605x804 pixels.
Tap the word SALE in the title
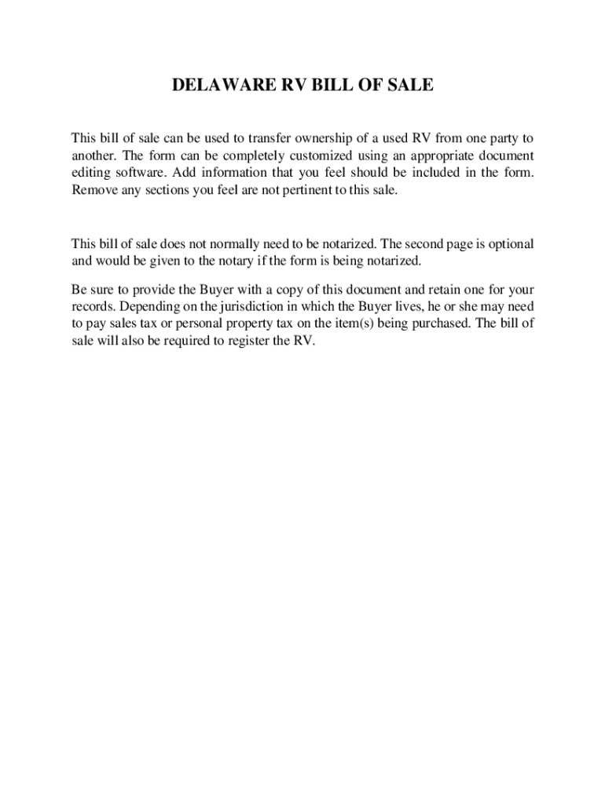point(408,85)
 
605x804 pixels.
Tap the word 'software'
point(137,172)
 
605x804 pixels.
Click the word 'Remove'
point(92,189)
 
